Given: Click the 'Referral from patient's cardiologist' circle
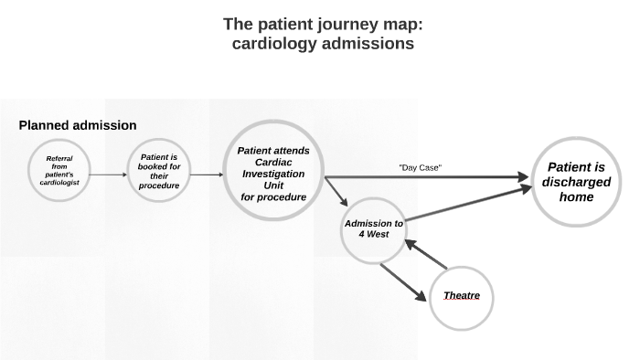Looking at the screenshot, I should [59, 171].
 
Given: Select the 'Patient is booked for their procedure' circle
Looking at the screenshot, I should [158, 171].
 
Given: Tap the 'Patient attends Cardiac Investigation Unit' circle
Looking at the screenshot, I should [273, 174].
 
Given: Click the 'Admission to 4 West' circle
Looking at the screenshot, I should [373, 228].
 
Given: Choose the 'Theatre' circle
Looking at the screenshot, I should [462, 296].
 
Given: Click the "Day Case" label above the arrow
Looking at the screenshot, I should [421, 167].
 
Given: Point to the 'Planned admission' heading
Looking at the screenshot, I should [78, 125].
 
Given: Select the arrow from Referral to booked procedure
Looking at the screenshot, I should [109, 174].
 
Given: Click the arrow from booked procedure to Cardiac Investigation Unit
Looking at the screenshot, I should [208, 174].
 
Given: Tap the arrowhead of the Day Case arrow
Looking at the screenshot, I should [523, 176].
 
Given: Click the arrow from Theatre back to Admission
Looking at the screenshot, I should [425, 254].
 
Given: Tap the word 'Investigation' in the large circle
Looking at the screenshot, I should [273, 174].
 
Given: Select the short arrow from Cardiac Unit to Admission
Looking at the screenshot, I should [336, 192].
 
